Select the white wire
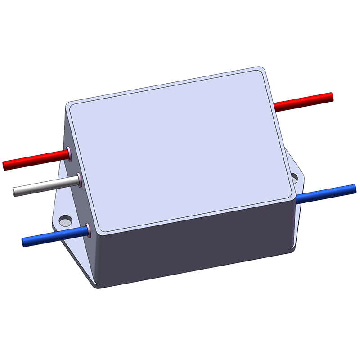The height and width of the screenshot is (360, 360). [x=45, y=186]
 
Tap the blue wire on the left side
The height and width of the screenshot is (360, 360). [x=54, y=236]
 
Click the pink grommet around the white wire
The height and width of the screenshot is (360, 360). [x=79, y=180]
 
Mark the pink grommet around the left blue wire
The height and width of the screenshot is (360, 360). [x=89, y=230]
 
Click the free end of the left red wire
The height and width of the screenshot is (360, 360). [x=5, y=166]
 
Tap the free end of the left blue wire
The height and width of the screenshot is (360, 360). [x=24, y=243]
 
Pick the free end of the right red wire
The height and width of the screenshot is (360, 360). [x=331, y=96]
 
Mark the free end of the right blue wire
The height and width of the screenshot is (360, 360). [x=354, y=187]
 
